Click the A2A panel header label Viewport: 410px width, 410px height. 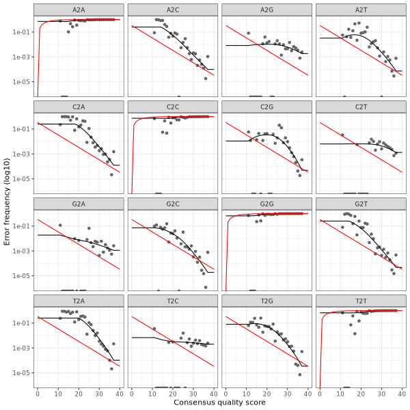pos(79,10)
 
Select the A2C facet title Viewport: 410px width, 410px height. pos(173,10)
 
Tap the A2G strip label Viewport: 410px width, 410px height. pos(266,10)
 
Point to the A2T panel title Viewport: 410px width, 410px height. pos(361,10)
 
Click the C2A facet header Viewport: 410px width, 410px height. pos(79,107)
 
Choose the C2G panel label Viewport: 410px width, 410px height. pos(266,107)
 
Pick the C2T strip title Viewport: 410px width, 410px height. pos(361,107)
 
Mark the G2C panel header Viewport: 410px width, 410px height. pos(173,204)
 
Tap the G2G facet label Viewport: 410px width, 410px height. pos(266,204)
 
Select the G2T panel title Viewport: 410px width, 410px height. pos(361,204)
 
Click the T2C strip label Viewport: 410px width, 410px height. pos(173,301)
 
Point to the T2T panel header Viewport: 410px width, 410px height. pos(361,301)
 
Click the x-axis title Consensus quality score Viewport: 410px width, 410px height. pos(219,403)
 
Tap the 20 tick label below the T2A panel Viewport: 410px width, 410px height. pos(79,394)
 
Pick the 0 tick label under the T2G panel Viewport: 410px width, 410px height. pos(225,394)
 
